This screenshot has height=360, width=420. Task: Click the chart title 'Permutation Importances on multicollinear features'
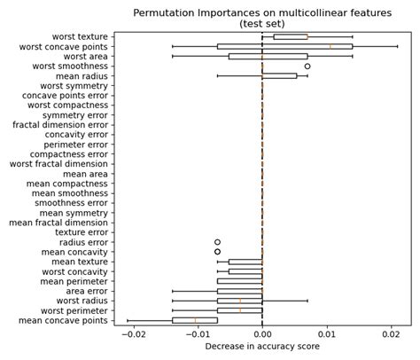(x=262, y=13)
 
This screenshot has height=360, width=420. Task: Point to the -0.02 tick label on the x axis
(x=133, y=334)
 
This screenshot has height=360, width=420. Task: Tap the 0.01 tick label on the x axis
(x=327, y=334)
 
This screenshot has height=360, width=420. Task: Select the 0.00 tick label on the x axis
(x=262, y=334)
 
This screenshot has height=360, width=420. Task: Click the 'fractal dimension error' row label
(x=60, y=125)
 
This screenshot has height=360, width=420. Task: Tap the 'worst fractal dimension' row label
(x=58, y=164)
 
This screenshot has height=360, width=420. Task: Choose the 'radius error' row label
(x=83, y=242)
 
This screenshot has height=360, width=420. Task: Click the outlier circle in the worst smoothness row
(x=307, y=66)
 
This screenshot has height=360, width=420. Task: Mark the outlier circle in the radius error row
(x=217, y=242)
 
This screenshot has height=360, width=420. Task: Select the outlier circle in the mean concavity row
(x=217, y=252)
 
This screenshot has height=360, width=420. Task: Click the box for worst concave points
(x=284, y=46)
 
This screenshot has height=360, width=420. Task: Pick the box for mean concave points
(x=195, y=320)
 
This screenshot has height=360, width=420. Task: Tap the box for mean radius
(x=279, y=75)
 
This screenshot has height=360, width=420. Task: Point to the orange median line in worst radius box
(x=240, y=301)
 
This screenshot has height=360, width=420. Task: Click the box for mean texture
(x=245, y=262)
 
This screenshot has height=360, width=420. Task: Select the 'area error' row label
(x=87, y=291)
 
